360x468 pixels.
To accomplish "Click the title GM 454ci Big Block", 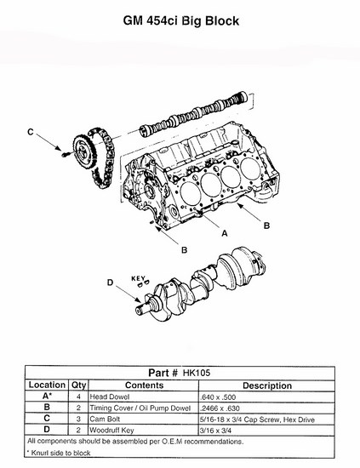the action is tap(181, 21).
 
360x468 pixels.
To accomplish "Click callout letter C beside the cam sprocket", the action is tap(31, 132).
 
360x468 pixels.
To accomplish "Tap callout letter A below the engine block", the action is tap(225, 233).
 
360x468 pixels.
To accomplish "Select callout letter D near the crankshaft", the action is tap(110, 283).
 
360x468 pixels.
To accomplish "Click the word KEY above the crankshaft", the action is tap(138, 278).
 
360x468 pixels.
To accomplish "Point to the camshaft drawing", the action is tap(193, 114).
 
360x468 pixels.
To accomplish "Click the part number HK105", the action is tap(197, 373).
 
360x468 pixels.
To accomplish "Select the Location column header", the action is tap(47, 385).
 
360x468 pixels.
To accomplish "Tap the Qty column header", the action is tap(78, 385).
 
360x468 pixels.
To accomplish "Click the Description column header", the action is tap(267, 385).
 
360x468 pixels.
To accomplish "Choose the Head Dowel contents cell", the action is tap(110, 397).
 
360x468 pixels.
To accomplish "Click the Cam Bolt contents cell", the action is tap(105, 419).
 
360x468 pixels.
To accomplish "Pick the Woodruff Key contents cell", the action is tap(111, 430).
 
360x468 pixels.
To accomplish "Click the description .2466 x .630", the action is tap(220, 408).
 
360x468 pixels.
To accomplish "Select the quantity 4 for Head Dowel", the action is tap(78, 397).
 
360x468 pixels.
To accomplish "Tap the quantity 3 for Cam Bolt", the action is tap(78, 419).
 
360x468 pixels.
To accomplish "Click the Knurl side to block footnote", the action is tap(59, 453).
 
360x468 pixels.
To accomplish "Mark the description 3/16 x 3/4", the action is tap(216, 431).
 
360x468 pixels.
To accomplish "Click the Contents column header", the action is tap(144, 385).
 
